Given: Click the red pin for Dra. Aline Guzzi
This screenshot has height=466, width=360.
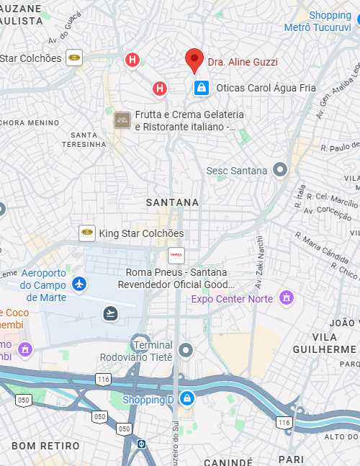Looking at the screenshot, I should (194, 60).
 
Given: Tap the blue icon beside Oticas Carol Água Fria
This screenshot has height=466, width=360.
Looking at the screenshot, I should (202, 88).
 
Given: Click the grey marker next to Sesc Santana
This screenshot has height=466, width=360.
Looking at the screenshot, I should (280, 170).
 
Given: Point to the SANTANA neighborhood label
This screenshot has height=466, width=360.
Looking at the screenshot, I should (172, 202).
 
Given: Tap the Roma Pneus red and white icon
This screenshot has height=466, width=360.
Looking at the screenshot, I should (176, 255).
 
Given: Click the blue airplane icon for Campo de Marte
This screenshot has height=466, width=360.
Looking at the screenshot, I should (79, 283).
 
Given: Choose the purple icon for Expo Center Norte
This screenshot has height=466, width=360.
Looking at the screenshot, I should (287, 297).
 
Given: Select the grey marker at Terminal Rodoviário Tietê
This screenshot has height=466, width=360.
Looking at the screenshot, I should (186, 350).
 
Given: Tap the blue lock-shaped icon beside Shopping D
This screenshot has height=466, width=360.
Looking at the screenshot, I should (186, 398).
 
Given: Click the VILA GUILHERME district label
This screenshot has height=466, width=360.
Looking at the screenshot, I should (325, 343).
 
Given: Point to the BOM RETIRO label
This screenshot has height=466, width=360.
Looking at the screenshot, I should (45, 446).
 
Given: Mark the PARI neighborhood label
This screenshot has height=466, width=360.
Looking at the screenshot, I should (291, 459).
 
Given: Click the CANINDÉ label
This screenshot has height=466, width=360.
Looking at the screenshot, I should (228, 461).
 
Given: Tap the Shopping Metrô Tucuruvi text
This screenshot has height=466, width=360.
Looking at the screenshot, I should (331, 21).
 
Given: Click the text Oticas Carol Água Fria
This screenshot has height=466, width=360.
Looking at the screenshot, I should (256, 88).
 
